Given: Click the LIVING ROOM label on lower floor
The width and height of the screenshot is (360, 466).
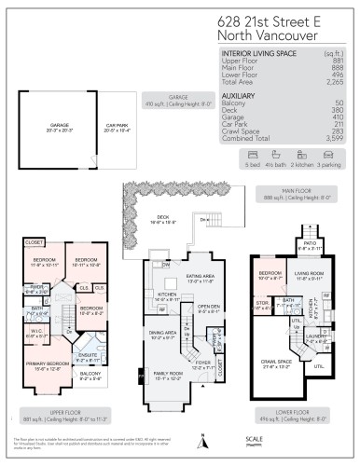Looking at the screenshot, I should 310,273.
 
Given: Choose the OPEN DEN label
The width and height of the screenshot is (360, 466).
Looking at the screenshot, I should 208,308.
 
